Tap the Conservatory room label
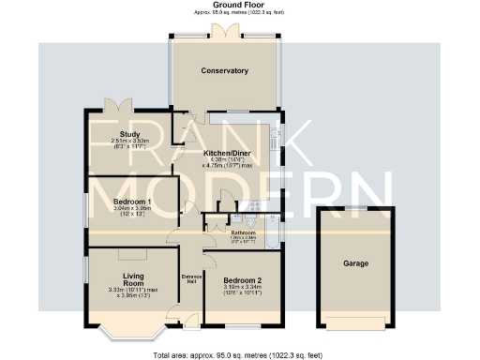coord(224,71)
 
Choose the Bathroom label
coord(244,232)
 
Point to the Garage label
coord(354,263)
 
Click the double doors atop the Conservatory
coord(224,31)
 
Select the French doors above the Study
coord(118,105)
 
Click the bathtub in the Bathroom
coord(271,232)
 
